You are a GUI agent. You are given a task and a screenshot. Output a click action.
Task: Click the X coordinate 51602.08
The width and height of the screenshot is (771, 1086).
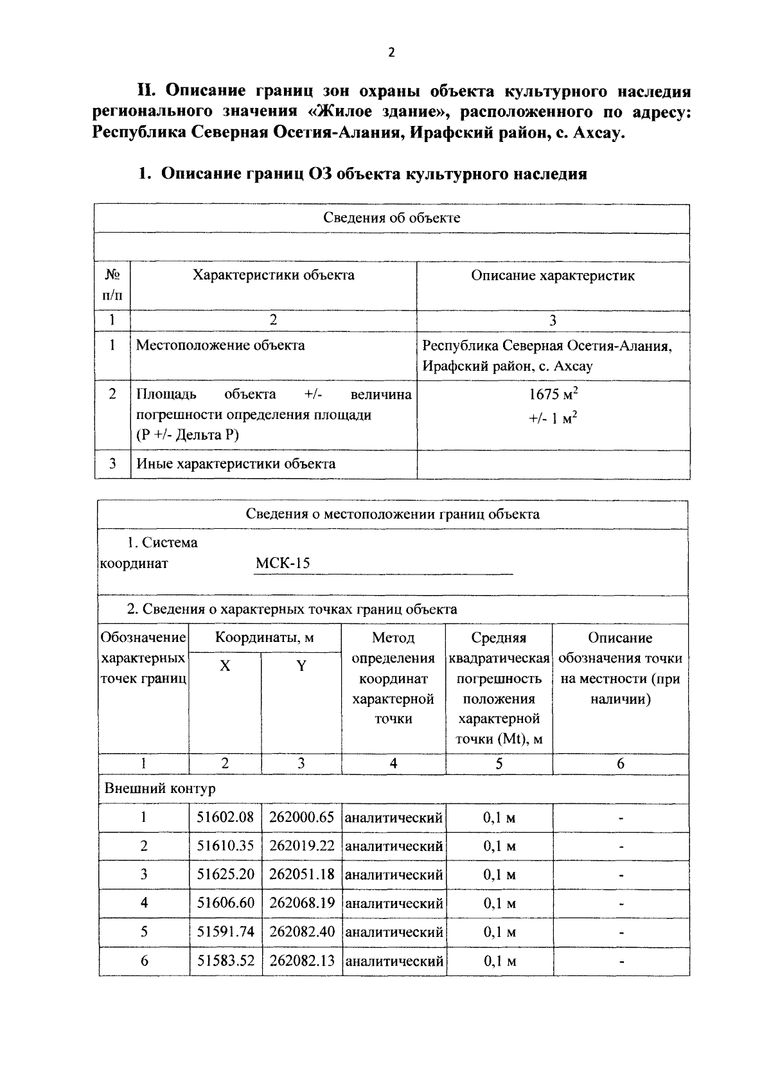[226, 817]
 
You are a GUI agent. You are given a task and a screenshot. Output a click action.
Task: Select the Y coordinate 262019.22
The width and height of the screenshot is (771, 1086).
[302, 846]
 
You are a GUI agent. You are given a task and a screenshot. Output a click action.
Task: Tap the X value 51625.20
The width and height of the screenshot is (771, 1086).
[226, 874]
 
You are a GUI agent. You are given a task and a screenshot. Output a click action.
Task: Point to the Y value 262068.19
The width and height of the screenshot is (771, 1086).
[302, 903]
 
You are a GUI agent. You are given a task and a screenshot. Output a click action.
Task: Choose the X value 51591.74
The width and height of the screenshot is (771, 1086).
[226, 932]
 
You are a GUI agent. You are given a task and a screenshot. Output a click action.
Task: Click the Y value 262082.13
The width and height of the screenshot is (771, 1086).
[302, 961]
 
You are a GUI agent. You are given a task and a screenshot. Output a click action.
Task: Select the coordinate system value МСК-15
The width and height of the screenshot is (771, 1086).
[283, 564]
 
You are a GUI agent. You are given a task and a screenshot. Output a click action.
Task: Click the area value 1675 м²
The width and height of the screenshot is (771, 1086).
[553, 394]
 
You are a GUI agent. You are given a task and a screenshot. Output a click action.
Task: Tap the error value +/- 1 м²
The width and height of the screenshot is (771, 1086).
[553, 418]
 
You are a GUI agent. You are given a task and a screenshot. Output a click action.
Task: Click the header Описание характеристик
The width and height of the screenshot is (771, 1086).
[553, 276]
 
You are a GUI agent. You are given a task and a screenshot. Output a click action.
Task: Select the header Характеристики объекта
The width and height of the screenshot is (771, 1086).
[274, 276]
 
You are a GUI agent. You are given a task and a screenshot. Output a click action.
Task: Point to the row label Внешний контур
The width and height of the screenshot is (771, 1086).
[160, 788]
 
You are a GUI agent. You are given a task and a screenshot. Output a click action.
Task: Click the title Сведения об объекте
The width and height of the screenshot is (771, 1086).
[391, 217]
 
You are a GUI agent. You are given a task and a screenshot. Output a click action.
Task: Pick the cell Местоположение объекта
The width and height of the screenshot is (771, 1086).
[220, 345]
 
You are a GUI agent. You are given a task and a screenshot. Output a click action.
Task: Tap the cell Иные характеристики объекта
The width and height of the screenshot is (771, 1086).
[235, 464]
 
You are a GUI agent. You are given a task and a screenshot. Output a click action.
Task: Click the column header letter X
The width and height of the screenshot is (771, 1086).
[225, 666]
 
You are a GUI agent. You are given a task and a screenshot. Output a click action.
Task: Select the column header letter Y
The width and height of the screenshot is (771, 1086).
[301, 666]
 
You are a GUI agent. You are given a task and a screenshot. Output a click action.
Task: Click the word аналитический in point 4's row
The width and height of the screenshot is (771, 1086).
[394, 904]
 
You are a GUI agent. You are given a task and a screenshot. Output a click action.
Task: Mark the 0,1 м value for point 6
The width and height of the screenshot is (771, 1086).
[499, 961]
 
